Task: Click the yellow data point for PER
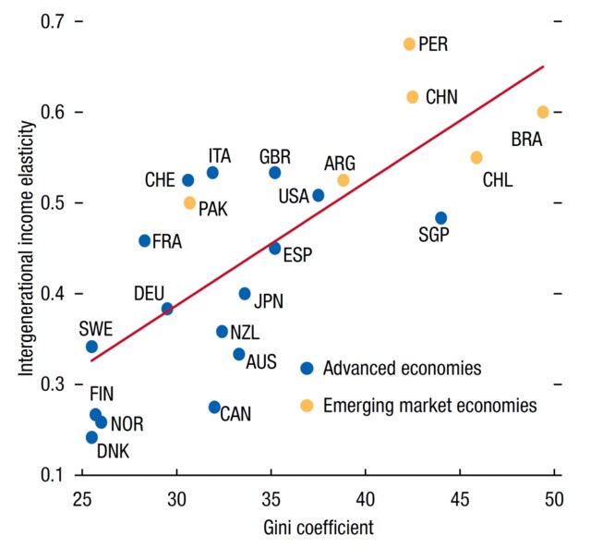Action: point(410,43)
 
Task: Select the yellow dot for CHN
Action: point(413,97)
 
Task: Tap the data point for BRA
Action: point(543,112)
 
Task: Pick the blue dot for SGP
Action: point(441,218)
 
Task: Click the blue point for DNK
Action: point(91,437)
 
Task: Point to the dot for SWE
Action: point(91,347)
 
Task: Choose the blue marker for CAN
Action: point(214,407)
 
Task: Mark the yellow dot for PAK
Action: point(190,202)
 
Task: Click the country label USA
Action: point(294,196)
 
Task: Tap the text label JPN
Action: point(268,300)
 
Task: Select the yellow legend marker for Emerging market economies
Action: point(308,405)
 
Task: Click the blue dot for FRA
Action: point(145,240)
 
